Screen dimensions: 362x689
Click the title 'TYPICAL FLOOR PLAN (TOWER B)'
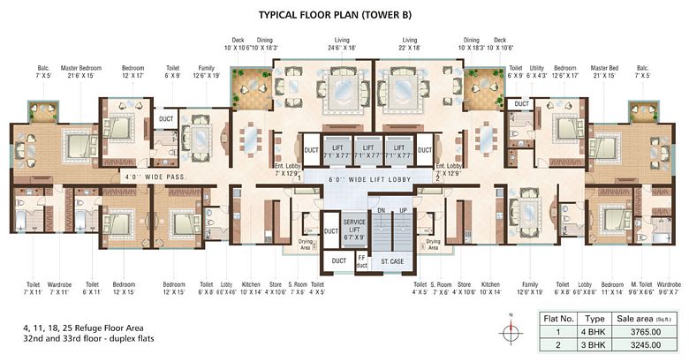click(x=344, y=15)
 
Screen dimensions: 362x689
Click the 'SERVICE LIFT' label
click(x=354, y=224)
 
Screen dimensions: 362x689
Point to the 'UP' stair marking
click(x=405, y=210)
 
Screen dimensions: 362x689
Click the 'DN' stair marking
click(x=381, y=210)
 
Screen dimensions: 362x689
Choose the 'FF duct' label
click(x=360, y=261)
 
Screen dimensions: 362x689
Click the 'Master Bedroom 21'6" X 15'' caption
click(x=81, y=72)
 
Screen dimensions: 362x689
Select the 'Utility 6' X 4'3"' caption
click(x=539, y=72)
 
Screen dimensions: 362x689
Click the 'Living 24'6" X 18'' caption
click(x=342, y=44)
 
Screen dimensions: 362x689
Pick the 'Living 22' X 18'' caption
click(x=409, y=44)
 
